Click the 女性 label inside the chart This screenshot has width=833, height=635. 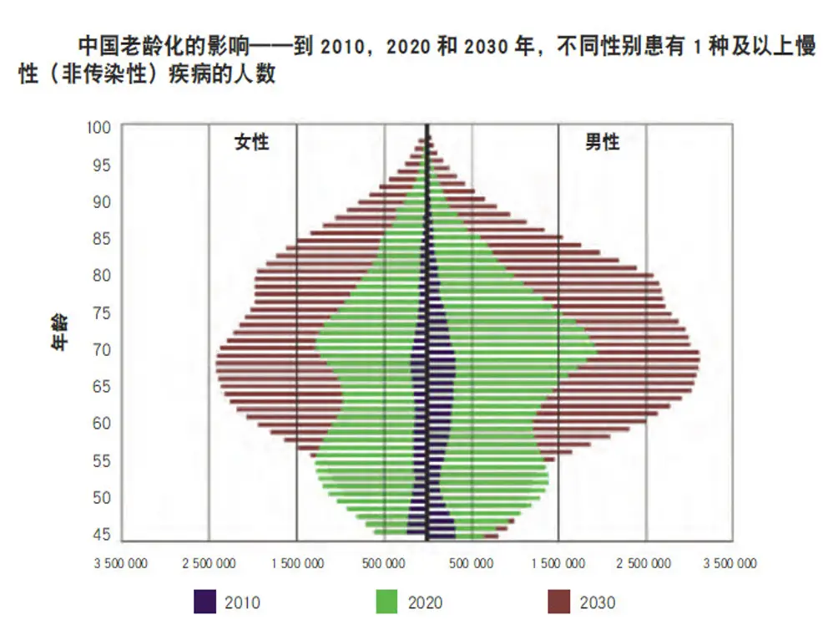tap(251, 142)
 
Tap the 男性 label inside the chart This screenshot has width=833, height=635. tap(602, 142)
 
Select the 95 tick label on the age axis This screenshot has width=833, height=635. tap(101, 165)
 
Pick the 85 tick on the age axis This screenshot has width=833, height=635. tap(101, 238)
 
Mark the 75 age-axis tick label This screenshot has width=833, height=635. tap(101, 312)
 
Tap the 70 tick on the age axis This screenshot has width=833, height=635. tap(101, 349)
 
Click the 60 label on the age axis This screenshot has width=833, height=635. tap(101, 423)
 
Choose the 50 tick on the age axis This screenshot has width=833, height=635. tap(101, 497)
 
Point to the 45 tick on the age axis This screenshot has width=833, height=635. tap(101, 534)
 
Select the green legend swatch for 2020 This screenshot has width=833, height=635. tap(386, 602)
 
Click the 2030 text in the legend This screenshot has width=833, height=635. tap(598, 602)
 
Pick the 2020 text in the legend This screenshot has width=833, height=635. tap(425, 602)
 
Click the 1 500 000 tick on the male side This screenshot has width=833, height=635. tap(558, 563)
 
